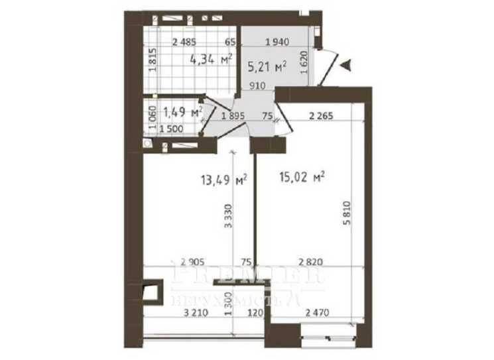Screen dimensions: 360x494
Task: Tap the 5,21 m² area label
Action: (267, 66)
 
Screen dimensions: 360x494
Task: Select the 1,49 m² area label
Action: (182, 112)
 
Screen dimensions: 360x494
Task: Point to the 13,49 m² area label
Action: (224, 179)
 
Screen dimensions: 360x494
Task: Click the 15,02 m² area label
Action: (302, 178)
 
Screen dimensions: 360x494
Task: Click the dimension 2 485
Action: (184, 42)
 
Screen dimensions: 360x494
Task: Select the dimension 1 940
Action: (277, 42)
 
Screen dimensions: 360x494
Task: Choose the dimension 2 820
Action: (311, 262)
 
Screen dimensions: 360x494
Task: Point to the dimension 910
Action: (259, 86)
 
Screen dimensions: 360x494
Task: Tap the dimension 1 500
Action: (171, 130)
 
